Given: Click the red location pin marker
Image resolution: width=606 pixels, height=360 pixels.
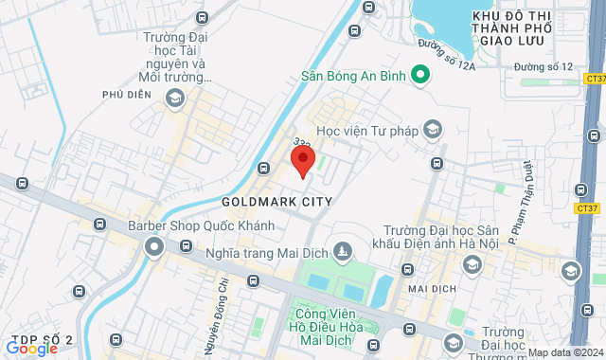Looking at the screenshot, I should (302, 159).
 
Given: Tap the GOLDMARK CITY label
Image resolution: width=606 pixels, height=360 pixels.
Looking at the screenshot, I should (276, 202).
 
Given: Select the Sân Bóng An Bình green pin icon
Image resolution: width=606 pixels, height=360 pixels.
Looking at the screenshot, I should (417, 79).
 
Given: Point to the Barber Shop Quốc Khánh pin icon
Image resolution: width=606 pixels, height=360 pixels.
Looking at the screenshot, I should (154, 247).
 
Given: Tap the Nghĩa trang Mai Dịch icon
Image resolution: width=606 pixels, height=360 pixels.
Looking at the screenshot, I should (343, 252).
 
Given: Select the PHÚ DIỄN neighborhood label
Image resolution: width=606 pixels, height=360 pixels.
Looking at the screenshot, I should (128, 95).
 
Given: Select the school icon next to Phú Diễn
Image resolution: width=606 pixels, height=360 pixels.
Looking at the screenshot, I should (174, 98).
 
